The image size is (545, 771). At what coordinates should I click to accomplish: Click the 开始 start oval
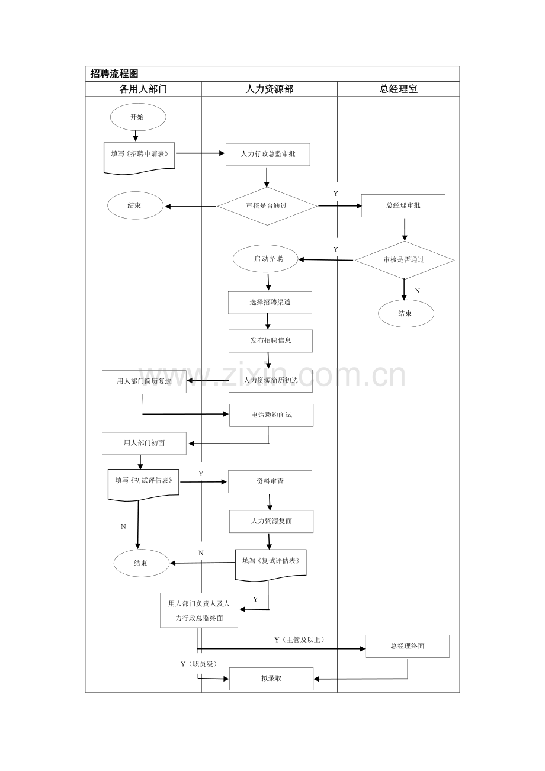138,117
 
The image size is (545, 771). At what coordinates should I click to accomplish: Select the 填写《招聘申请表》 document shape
139,158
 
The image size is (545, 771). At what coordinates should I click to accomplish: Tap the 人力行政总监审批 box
268,155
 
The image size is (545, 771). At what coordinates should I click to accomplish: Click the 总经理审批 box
403,206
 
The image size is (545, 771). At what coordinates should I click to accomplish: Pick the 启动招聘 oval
265,259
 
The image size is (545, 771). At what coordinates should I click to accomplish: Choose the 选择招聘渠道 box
270,303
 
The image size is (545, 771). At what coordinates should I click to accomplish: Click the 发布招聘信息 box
271,341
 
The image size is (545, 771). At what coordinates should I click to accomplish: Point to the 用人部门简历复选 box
145,382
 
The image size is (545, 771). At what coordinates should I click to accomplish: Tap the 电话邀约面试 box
271,416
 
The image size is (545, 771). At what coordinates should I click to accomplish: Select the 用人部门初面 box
145,444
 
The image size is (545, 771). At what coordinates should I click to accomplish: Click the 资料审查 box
270,482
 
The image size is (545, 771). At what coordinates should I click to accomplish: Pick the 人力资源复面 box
271,522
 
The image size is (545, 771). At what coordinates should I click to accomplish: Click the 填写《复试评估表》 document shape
271,565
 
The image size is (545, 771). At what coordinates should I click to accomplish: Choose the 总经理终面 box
408,647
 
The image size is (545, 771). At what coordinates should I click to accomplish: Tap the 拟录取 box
271,679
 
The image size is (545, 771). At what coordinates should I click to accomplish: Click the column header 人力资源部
269,89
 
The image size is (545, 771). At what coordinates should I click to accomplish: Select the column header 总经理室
398,89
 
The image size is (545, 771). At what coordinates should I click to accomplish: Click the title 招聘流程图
114,73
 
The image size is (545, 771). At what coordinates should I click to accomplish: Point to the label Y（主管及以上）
299,640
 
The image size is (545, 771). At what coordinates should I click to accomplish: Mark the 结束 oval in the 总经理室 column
406,313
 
